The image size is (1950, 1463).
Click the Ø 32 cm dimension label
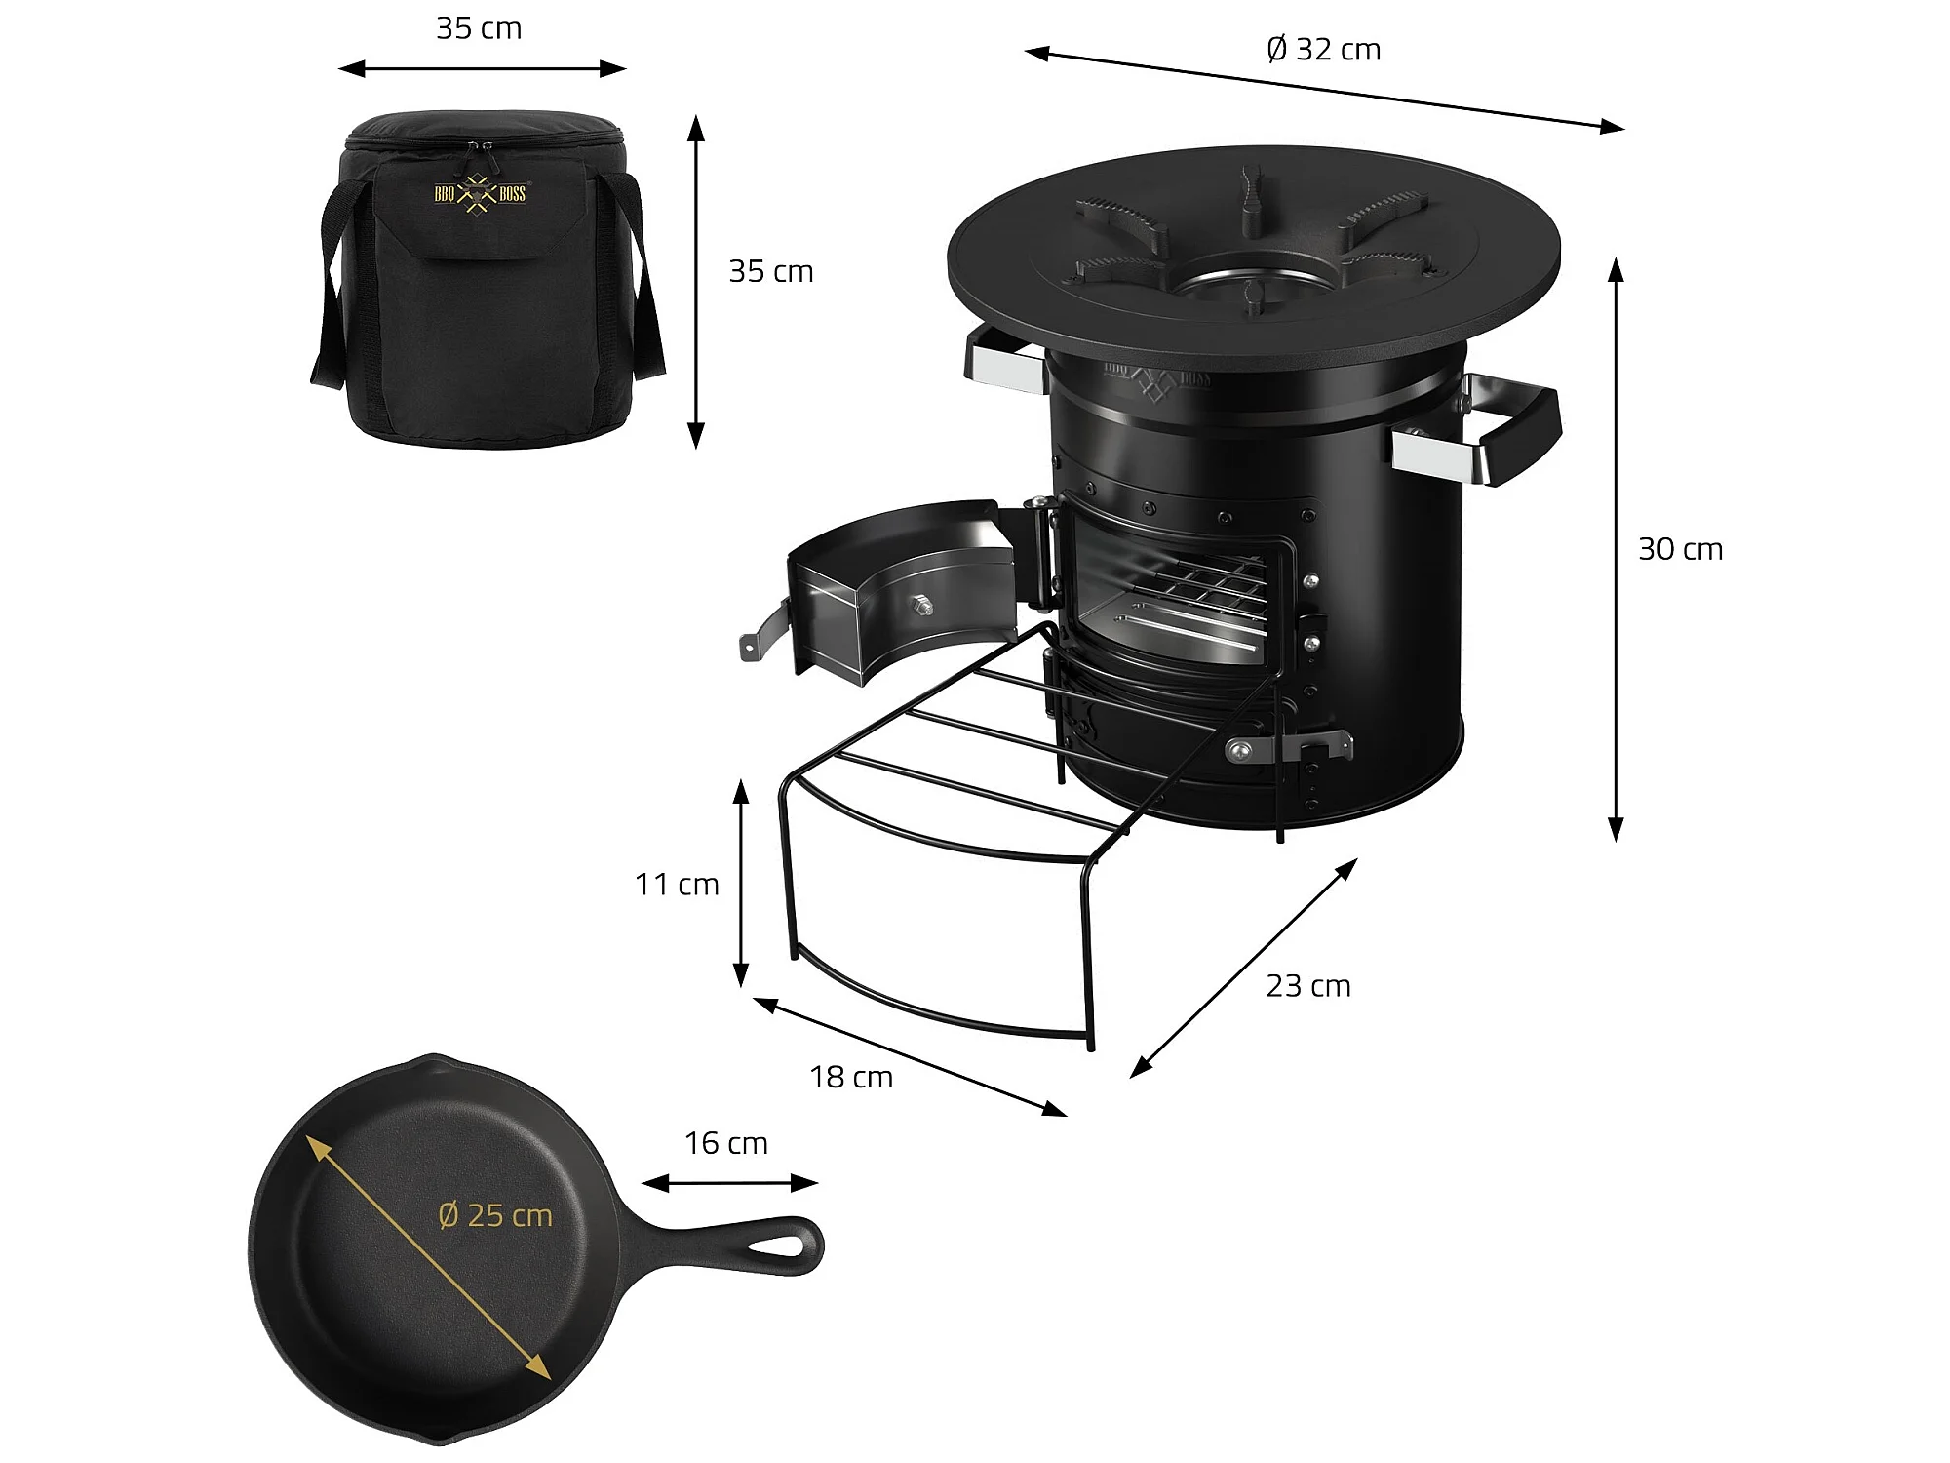click(1323, 49)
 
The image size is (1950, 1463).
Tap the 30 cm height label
click(1680, 549)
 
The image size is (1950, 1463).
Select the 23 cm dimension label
click(1308, 986)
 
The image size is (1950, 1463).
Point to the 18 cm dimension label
click(851, 1077)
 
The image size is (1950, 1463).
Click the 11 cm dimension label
click(677, 884)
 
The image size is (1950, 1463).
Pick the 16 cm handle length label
click(726, 1143)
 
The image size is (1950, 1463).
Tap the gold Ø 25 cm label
click(495, 1215)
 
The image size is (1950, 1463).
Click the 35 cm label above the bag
click(479, 28)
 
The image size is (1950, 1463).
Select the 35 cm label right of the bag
click(771, 271)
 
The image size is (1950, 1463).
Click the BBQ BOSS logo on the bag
click(480, 193)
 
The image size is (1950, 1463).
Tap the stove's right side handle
click(1480, 429)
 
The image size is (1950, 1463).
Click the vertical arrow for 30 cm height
click(1616, 549)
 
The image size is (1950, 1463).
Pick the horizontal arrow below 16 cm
click(729, 1183)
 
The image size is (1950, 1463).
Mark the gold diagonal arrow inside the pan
click(428, 1257)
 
